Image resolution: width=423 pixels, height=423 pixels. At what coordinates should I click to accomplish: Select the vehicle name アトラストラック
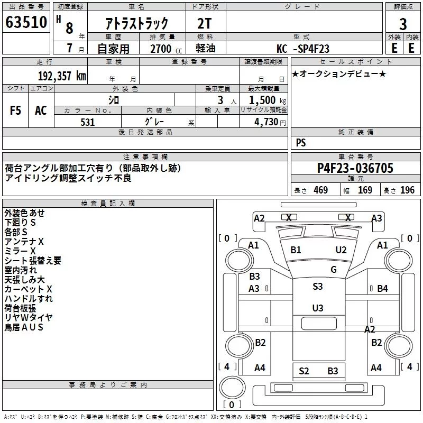click(137, 23)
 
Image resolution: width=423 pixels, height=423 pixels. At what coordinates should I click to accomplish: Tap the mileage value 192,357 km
click(61, 76)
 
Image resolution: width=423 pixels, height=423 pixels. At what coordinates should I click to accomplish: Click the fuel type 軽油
click(206, 49)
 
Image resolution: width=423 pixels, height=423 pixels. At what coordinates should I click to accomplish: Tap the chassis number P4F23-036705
click(355, 168)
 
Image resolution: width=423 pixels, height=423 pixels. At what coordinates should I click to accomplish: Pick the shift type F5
click(16, 111)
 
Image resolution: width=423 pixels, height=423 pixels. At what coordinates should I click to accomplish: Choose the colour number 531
click(87, 122)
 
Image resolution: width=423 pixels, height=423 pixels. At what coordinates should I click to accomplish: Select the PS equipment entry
click(300, 143)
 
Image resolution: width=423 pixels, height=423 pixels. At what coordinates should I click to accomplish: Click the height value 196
click(407, 190)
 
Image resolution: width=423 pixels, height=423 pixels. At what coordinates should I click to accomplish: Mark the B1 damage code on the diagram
click(296, 250)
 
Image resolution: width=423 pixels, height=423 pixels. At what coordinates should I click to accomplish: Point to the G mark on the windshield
click(333, 270)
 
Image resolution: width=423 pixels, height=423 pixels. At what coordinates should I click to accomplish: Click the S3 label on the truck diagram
click(317, 287)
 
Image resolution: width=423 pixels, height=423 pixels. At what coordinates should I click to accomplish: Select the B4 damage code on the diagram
click(382, 289)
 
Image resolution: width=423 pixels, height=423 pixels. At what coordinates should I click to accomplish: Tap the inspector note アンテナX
click(24, 242)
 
